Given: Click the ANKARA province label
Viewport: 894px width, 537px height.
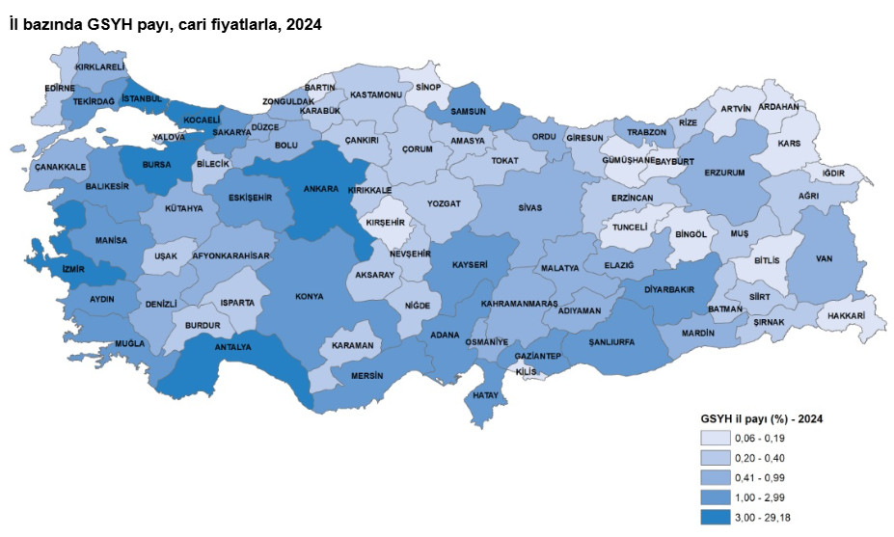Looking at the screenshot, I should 320,190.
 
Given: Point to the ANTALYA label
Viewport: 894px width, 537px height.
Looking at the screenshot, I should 231,346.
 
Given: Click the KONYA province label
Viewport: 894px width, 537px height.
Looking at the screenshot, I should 310,296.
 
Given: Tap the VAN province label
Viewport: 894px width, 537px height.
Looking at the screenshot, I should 824,258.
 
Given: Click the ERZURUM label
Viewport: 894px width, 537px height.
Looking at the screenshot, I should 724,173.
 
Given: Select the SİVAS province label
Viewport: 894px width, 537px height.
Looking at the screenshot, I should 529,208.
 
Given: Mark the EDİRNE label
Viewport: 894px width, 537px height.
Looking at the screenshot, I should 60,88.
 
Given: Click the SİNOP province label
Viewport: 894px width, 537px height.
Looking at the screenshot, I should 427,88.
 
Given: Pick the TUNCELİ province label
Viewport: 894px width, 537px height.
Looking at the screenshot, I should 624,228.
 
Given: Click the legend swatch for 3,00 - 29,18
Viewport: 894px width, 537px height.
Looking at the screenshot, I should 716,518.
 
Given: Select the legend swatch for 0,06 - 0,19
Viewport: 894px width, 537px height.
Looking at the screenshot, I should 716,438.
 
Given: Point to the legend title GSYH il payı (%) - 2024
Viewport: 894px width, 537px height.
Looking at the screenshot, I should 761,419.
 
